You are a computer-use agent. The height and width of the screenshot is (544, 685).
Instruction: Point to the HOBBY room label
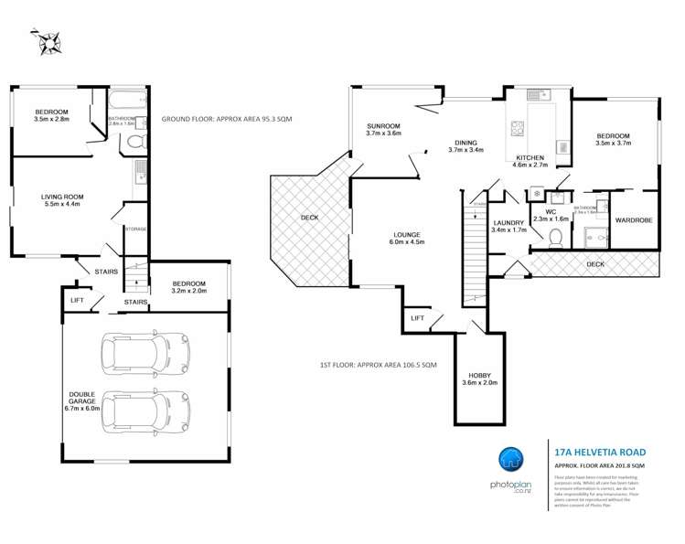pos(480,379)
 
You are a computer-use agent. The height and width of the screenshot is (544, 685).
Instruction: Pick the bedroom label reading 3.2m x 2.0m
pos(188,288)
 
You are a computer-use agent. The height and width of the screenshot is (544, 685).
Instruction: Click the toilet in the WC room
pos(554,237)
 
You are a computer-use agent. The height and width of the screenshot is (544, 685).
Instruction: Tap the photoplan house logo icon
pos(516,460)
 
